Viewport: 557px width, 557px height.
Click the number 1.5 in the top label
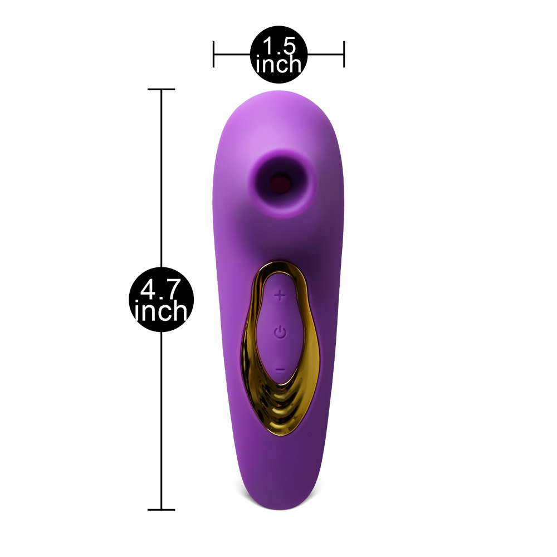pos(279,46)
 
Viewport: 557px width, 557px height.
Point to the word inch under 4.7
pos(161,311)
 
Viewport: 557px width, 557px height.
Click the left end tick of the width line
pos(213,55)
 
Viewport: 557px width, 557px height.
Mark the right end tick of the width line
pos(344,55)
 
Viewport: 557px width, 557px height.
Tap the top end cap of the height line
pos(162,89)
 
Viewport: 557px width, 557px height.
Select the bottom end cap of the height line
pos(162,510)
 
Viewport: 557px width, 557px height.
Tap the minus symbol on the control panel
pos(281,370)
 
